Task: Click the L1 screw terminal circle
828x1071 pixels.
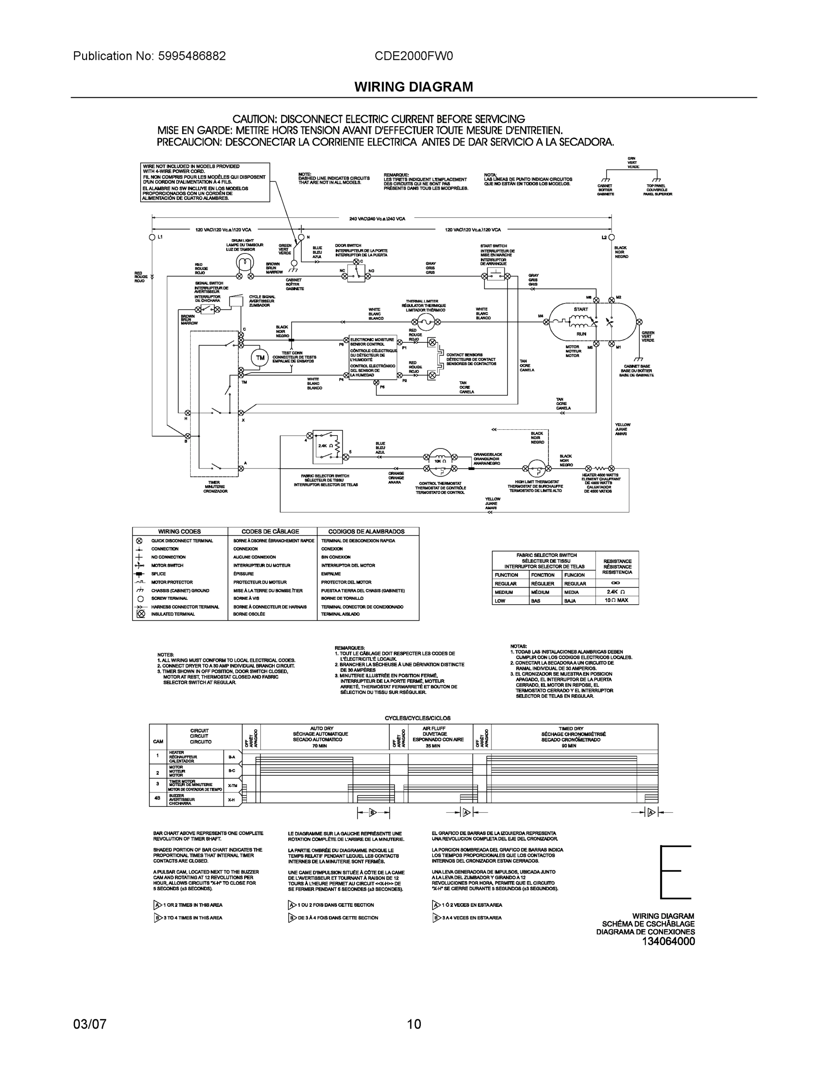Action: pyautogui.click(x=152, y=237)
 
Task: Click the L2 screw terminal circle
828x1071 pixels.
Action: pyautogui.click(x=612, y=237)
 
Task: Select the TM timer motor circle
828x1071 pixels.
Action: pyautogui.click(x=260, y=357)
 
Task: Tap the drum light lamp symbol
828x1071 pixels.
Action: pyautogui.click(x=245, y=263)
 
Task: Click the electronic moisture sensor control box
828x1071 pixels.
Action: pyautogui.click(x=373, y=357)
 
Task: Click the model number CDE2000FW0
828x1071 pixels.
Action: pyautogui.click(x=413, y=56)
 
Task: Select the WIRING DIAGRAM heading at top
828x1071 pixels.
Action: pyautogui.click(x=413, y=87)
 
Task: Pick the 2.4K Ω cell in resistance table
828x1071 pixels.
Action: pyautogui.click(x=617, y=592)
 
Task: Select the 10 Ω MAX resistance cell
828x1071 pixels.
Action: pyautogui.click(x=616, y=600)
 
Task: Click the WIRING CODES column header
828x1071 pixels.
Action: pyautogui.click(x=179, y=531)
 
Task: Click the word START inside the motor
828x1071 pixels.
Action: pyautogui.click(x=581, y=309)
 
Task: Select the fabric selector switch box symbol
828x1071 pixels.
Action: pyautogui.click(x=328, y=446)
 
